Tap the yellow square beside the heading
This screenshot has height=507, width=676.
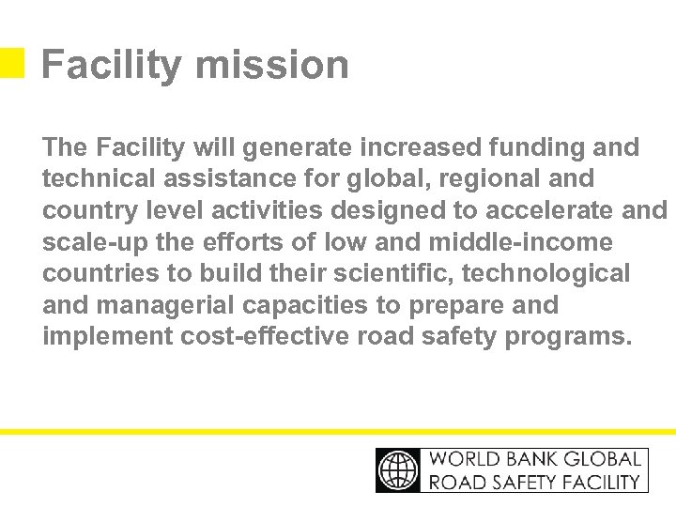(x=11, y=63)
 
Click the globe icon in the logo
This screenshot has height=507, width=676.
(x=399, y=469)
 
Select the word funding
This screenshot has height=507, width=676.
(x=540, y=147)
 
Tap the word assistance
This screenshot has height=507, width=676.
(x=220, y=178)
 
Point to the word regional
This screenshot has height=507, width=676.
(x=482, y=178)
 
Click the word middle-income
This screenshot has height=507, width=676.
(x=520, y=242)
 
